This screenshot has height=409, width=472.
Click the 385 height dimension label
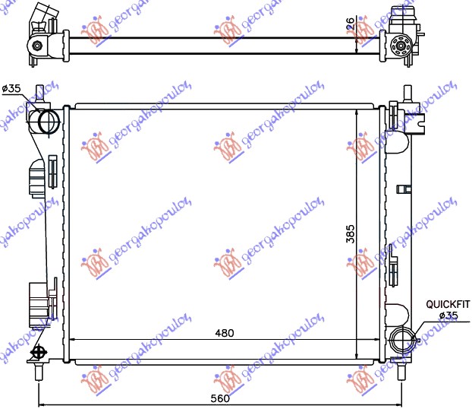point(350,235)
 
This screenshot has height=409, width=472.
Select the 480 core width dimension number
point(224,333)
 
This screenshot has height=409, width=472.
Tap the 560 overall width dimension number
point(221,398)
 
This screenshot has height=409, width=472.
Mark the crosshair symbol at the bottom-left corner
point(37,352)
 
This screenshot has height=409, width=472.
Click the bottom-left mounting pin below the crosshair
point(37,372)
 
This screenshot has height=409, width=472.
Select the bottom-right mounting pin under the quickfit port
point(401,371)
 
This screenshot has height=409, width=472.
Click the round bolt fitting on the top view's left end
point(37,46)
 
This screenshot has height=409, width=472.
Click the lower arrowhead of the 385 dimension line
point(357,350)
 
